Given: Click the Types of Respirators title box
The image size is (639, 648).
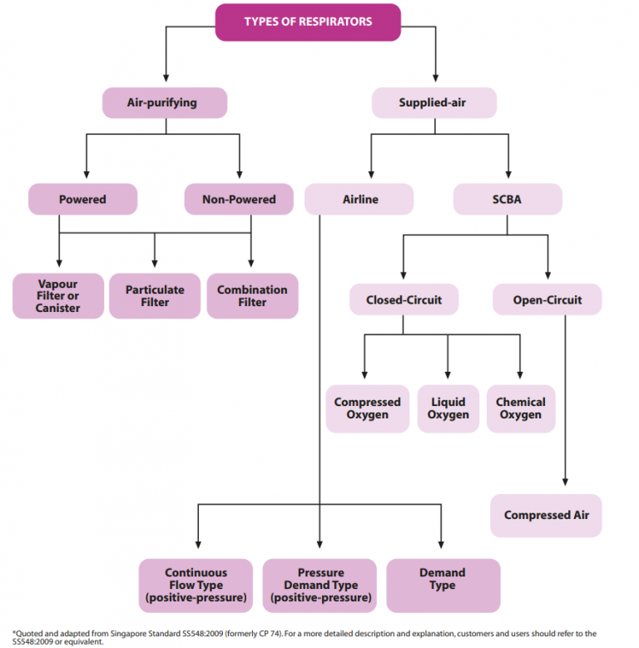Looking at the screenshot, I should (308, 22).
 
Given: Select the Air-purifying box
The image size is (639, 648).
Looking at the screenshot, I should (165, 103).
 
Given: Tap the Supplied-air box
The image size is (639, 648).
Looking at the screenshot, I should (433, 103).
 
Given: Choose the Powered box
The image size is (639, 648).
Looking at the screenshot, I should (82, 200).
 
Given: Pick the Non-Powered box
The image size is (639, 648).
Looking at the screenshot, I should (239, 200).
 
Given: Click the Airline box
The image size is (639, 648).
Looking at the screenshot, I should (359, 200).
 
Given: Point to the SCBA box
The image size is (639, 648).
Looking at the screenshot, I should (507, 200).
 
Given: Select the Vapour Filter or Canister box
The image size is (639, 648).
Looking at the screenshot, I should (58, 296).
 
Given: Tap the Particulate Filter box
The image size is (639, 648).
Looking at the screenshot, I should (155, 296).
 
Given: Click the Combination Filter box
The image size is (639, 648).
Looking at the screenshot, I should (252, 296).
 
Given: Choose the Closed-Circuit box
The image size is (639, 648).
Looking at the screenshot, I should (404, 299).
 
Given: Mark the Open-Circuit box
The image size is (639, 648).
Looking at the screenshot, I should (547, 299).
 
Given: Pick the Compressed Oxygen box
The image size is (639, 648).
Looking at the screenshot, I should (367, 408).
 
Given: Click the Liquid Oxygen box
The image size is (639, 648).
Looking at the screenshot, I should (448, 408).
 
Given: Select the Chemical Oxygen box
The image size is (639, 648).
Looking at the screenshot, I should (521, 408).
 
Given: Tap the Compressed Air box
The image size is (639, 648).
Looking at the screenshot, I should (546, 516).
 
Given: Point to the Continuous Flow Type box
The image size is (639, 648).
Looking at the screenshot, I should (196, 586).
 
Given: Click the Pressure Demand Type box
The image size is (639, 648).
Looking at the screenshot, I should (320, 586).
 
